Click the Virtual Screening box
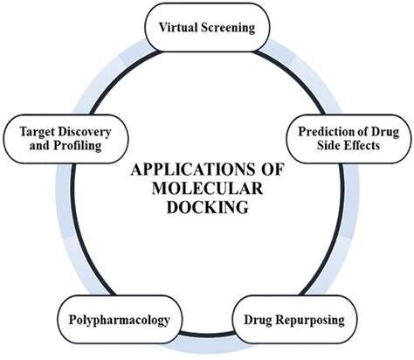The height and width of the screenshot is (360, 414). click(206, 27)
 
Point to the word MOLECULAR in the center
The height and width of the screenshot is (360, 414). click(206, 189)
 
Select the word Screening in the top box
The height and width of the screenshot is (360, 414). click(226, 27)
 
